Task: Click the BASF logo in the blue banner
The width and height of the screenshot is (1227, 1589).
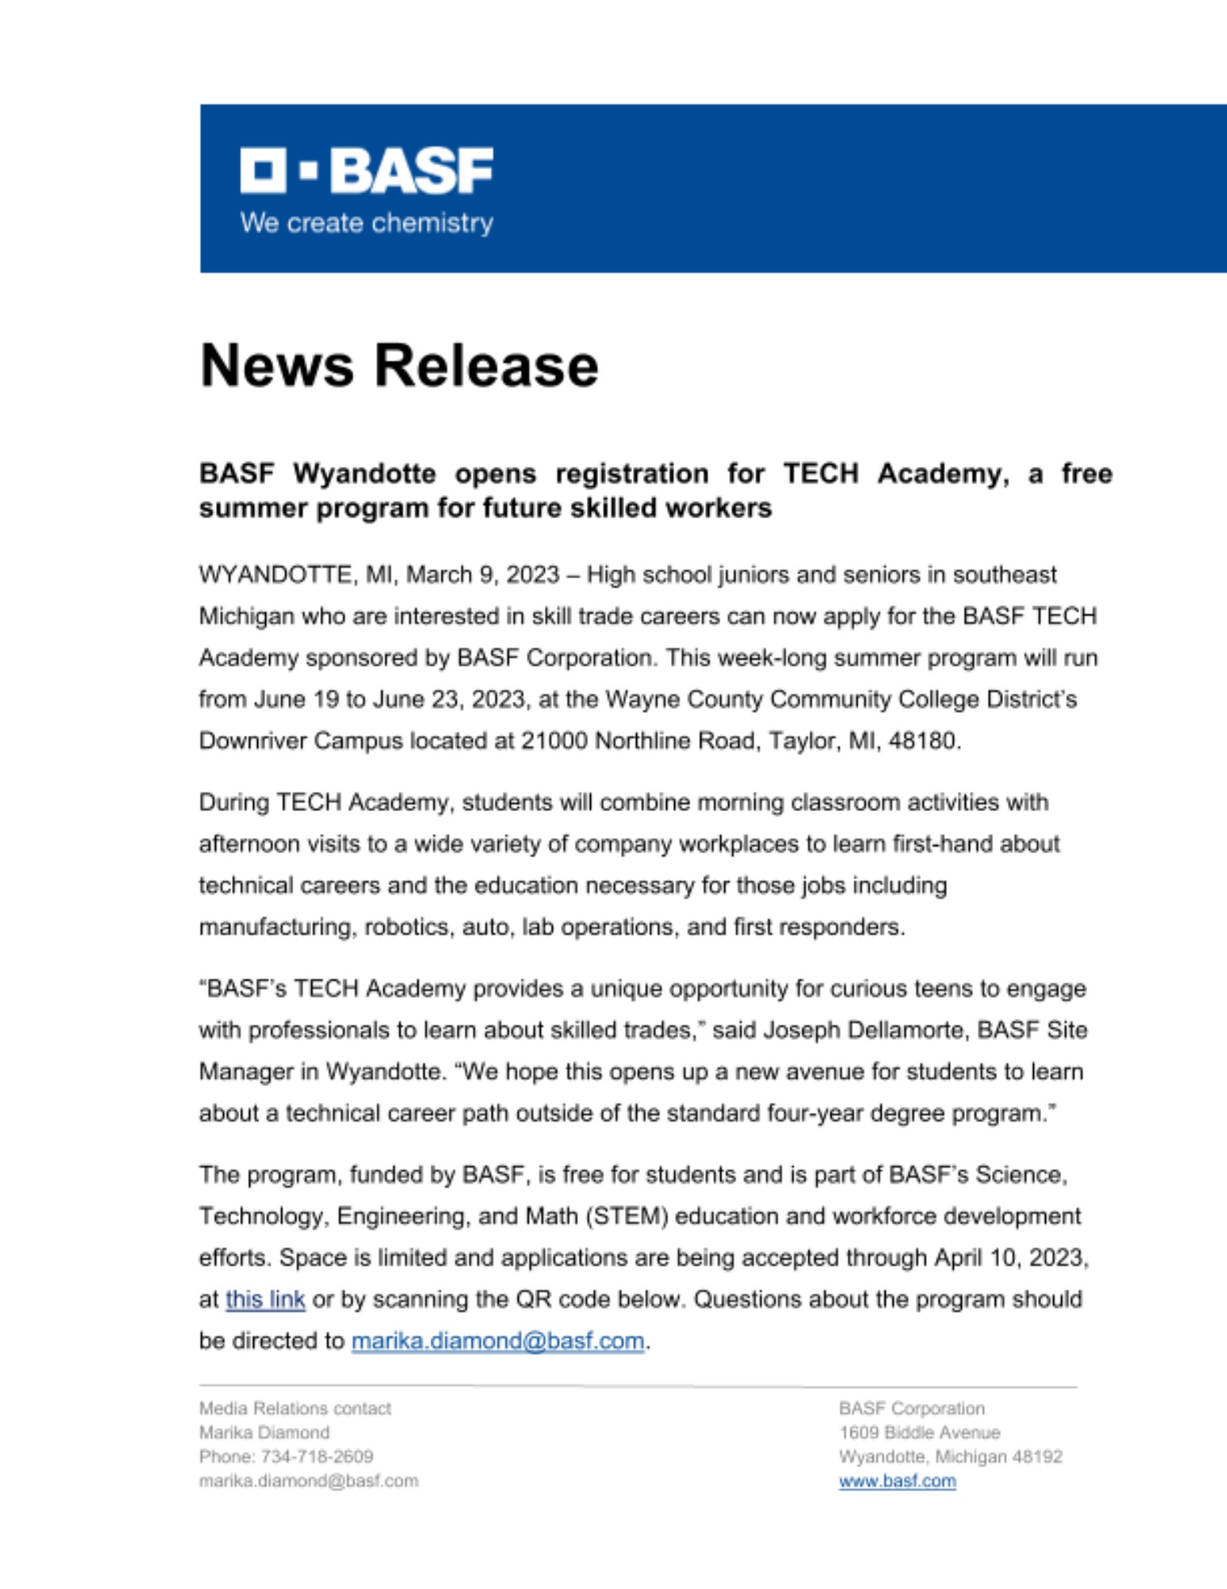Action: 366,170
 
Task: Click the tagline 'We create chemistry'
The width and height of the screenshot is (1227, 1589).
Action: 366,223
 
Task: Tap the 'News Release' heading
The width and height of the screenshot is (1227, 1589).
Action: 399,365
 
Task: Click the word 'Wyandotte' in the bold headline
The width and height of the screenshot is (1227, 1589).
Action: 364,474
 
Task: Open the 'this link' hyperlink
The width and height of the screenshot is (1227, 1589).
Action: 265,1300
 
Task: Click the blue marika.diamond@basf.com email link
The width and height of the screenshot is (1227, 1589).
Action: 497,1341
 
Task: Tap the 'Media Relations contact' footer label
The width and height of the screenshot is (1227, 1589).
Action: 295,1409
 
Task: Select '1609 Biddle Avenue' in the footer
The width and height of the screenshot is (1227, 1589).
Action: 919,1432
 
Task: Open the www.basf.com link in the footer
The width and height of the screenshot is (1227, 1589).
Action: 897,1481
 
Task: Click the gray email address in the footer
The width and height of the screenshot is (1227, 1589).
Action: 308,1481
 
